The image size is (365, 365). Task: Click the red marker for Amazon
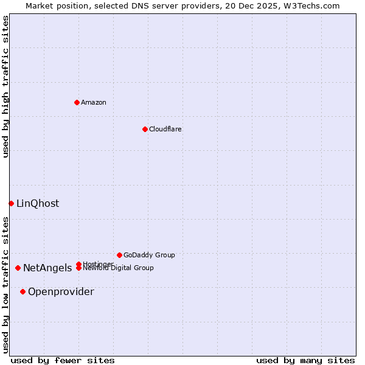pyautogui.click(x=77, y=102)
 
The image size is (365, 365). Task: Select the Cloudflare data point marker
pyautogui.click(x=145, y=129)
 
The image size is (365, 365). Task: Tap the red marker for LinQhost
pyautogui.click(x=11, y=203)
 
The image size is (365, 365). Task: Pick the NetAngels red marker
pyautogui.click(x=18, y=268)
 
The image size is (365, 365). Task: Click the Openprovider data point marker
pyautogui.click(x=23, y=291)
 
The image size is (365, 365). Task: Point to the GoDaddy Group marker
pyautogui.click(x=119, y=255)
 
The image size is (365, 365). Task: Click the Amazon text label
pyautogui.click(x=94, y=102)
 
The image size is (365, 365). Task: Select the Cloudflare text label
pyautogui.click(x=165, y=129)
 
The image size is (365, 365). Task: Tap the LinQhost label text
pyautogui.click(x=38, y=204)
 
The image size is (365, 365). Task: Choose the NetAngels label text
pyautogui.click(x=47, y=268)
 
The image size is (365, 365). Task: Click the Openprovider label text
pyautogui.click(x=61, y=292)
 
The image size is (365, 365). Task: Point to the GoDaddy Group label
pyautogui.click(x=149, y=255)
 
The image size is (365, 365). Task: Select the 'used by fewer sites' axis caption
pyautogui.click(x=63, y=360)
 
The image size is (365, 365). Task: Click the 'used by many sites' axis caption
pyautogui.click(x=305, y=360)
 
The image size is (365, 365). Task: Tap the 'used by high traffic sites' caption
pyautogui.click(x=6, y=86)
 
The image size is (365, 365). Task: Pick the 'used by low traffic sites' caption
pyautogui.click(x=6, y=285)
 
